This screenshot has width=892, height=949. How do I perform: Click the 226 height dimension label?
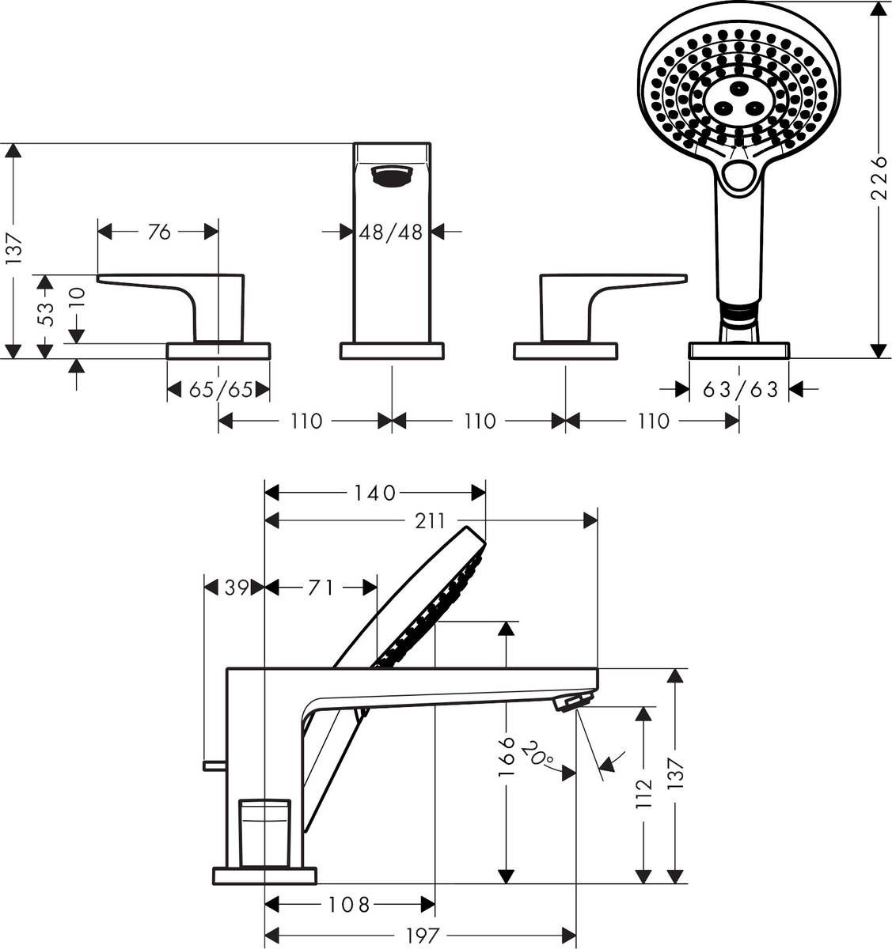879,179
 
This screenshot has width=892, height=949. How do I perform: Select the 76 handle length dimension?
159,232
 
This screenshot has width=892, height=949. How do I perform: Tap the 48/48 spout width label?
391,232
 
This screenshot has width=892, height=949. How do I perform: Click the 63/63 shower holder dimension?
740,389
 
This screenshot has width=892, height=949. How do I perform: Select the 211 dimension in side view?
431,520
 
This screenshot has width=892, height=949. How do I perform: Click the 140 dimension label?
374,493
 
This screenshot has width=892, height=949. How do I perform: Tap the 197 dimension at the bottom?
422,936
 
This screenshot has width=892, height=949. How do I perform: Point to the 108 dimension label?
348,904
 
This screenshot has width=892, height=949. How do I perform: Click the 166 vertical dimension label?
507,757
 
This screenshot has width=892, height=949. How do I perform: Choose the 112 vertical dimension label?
643,793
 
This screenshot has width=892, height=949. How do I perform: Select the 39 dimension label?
234,587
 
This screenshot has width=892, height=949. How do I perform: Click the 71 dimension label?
320,587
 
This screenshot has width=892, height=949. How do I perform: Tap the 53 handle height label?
47,314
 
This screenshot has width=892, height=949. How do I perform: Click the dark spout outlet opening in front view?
392,176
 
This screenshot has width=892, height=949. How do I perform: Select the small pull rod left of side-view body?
214,765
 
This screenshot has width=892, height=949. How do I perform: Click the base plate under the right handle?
565,350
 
